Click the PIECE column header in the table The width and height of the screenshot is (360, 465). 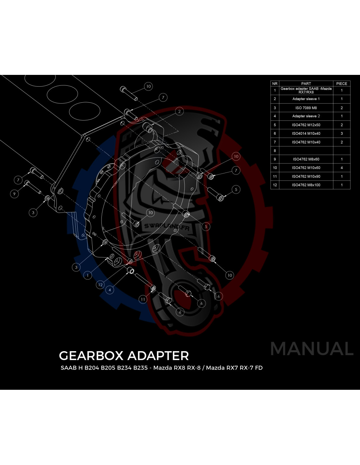(342, 83)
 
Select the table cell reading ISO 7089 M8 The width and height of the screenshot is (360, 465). (306, 108)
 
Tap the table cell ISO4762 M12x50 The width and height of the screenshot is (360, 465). (306, 125)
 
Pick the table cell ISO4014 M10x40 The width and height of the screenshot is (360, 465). (306, 133)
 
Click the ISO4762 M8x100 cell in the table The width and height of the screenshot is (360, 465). (306, 185)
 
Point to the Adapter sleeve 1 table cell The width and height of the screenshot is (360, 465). (306, 99)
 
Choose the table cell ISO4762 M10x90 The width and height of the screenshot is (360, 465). (306, 176)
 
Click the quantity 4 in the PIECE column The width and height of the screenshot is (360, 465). (342, 168)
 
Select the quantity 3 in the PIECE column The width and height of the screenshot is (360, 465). (342, 133)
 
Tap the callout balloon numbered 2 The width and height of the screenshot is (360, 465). (179, 111)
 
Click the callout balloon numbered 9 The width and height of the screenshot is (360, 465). (14, 194)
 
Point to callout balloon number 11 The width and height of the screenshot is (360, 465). (143, 299)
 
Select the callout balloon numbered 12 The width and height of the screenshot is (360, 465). (100, 285)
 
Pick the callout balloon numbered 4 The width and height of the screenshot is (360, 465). (110, 290)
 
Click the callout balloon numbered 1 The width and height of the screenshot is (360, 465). (88, 275)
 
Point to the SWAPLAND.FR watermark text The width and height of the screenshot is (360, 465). (167, 227)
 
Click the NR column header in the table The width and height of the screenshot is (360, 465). (275, 83)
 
